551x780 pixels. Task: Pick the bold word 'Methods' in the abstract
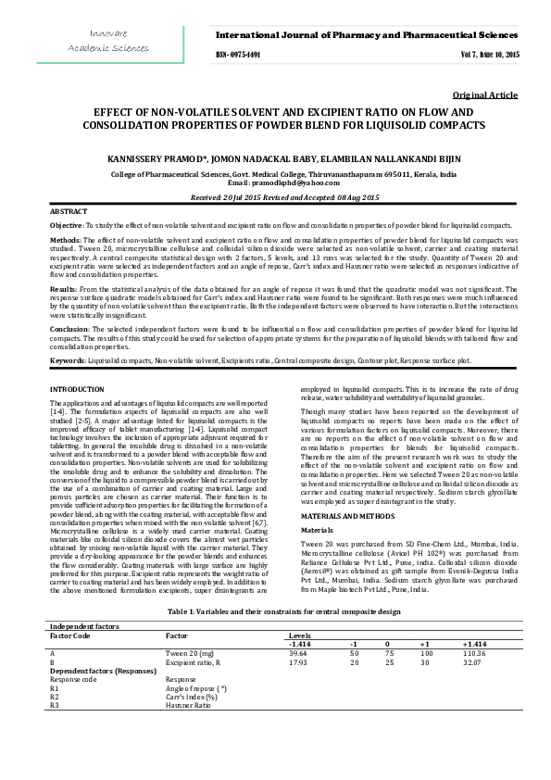(x=64, y=240)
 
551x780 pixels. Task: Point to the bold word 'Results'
(x=63, y=289)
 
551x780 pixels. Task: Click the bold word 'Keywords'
(x=67, y=359)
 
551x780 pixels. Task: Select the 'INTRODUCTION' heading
(x=77, y=389)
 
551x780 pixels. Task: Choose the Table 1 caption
(x=275, y=611)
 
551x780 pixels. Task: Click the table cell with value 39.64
(x=298, y=653)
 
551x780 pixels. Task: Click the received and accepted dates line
(x=275, y=198)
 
